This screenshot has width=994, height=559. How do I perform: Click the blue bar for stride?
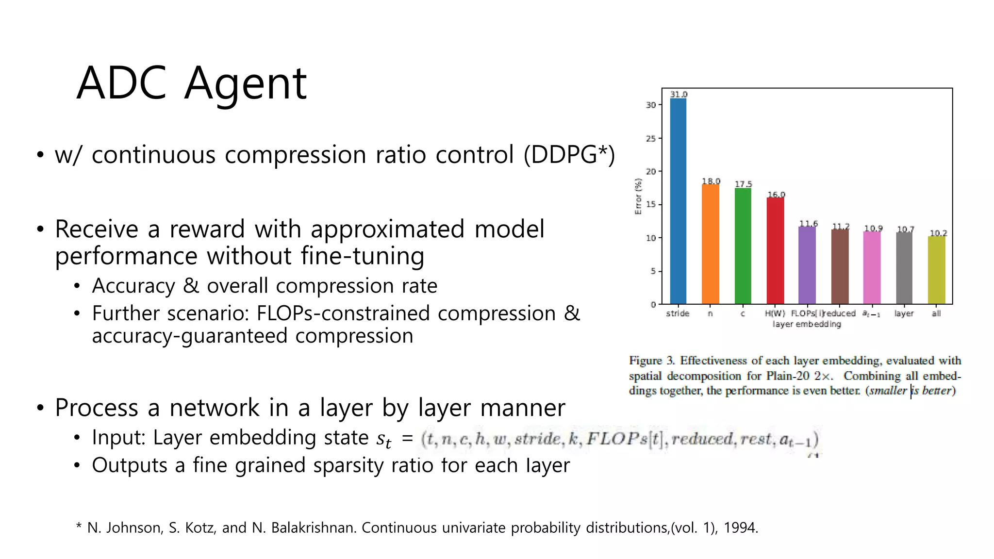678,201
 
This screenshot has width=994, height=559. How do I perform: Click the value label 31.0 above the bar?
679,94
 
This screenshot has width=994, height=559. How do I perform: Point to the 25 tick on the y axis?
650,138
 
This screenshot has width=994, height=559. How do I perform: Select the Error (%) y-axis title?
638,196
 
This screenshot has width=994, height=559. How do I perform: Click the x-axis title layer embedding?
807,324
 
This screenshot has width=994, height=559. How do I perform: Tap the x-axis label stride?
678,313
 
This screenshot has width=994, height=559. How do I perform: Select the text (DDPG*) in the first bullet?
569,155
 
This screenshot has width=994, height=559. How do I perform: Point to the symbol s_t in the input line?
383,439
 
